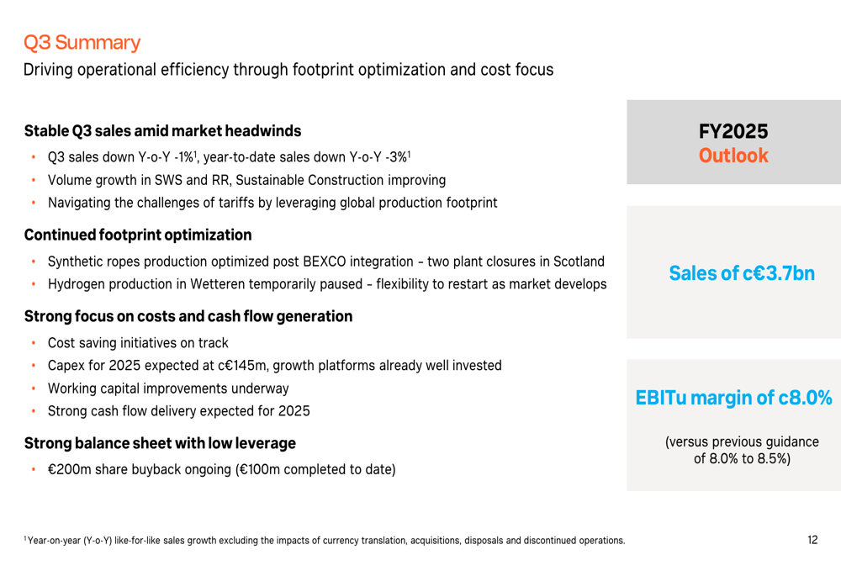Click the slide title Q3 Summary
pyautogui.click(x=82, y=42)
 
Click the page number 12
pyautogui.click(x=812, y=540)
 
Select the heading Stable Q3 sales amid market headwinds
pyautogui.click(x=162, y=131)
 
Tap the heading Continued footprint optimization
pyautogui.click(x=138, y=235)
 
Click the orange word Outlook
pyautogui.click(x=733, y=156)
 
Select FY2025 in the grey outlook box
pyautogui.click(x=733, y=132)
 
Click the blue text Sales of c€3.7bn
pyautogui.click(x=742, y=273)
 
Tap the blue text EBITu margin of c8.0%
pyautogui.click(x=733, y=398)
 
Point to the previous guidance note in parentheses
pyautogui.click(x=742, y=450)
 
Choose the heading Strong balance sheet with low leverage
pyautogui.click(x=160, y=443)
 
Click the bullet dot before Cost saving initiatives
pyautogui.click(x=33, y=343)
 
